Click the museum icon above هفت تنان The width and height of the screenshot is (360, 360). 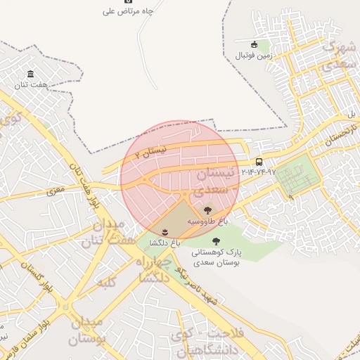tap(30, 74)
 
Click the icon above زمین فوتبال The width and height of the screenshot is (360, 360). tap(255, 45)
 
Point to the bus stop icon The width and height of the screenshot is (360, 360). tap(259, 162)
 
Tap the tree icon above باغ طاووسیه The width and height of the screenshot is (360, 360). tap(207, 210)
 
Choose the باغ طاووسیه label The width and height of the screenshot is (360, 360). tap(208, 221)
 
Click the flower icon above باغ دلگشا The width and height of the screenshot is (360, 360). tap(165, 231)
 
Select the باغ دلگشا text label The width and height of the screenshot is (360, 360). tap(165, 242)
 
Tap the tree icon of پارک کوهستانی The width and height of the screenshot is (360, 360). tap(216, 241)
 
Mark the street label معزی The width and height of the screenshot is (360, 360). tap(55, 189)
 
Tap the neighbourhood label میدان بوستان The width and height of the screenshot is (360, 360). tap(87, 331)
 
